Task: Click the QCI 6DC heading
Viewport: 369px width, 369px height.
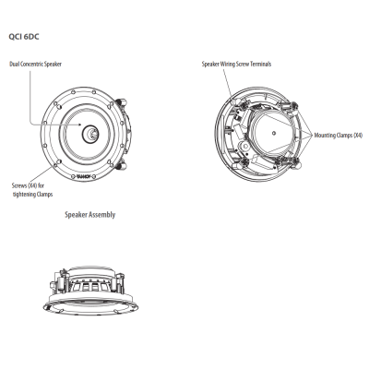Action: [24, 37]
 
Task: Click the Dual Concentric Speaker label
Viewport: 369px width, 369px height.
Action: [35, 65]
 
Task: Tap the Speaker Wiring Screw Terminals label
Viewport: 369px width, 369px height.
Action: [236, 64]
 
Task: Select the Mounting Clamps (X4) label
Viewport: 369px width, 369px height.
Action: [339, 135]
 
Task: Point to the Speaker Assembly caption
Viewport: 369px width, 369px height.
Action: [90, 215]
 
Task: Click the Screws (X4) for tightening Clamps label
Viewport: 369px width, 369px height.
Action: [32, 190]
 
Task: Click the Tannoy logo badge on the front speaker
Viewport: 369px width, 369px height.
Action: [83, 176]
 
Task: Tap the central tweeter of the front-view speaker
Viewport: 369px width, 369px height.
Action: [90, 134]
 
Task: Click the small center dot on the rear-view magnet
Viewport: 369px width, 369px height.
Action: [274, 134]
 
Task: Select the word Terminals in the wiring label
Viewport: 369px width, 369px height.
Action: [260, 64]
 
